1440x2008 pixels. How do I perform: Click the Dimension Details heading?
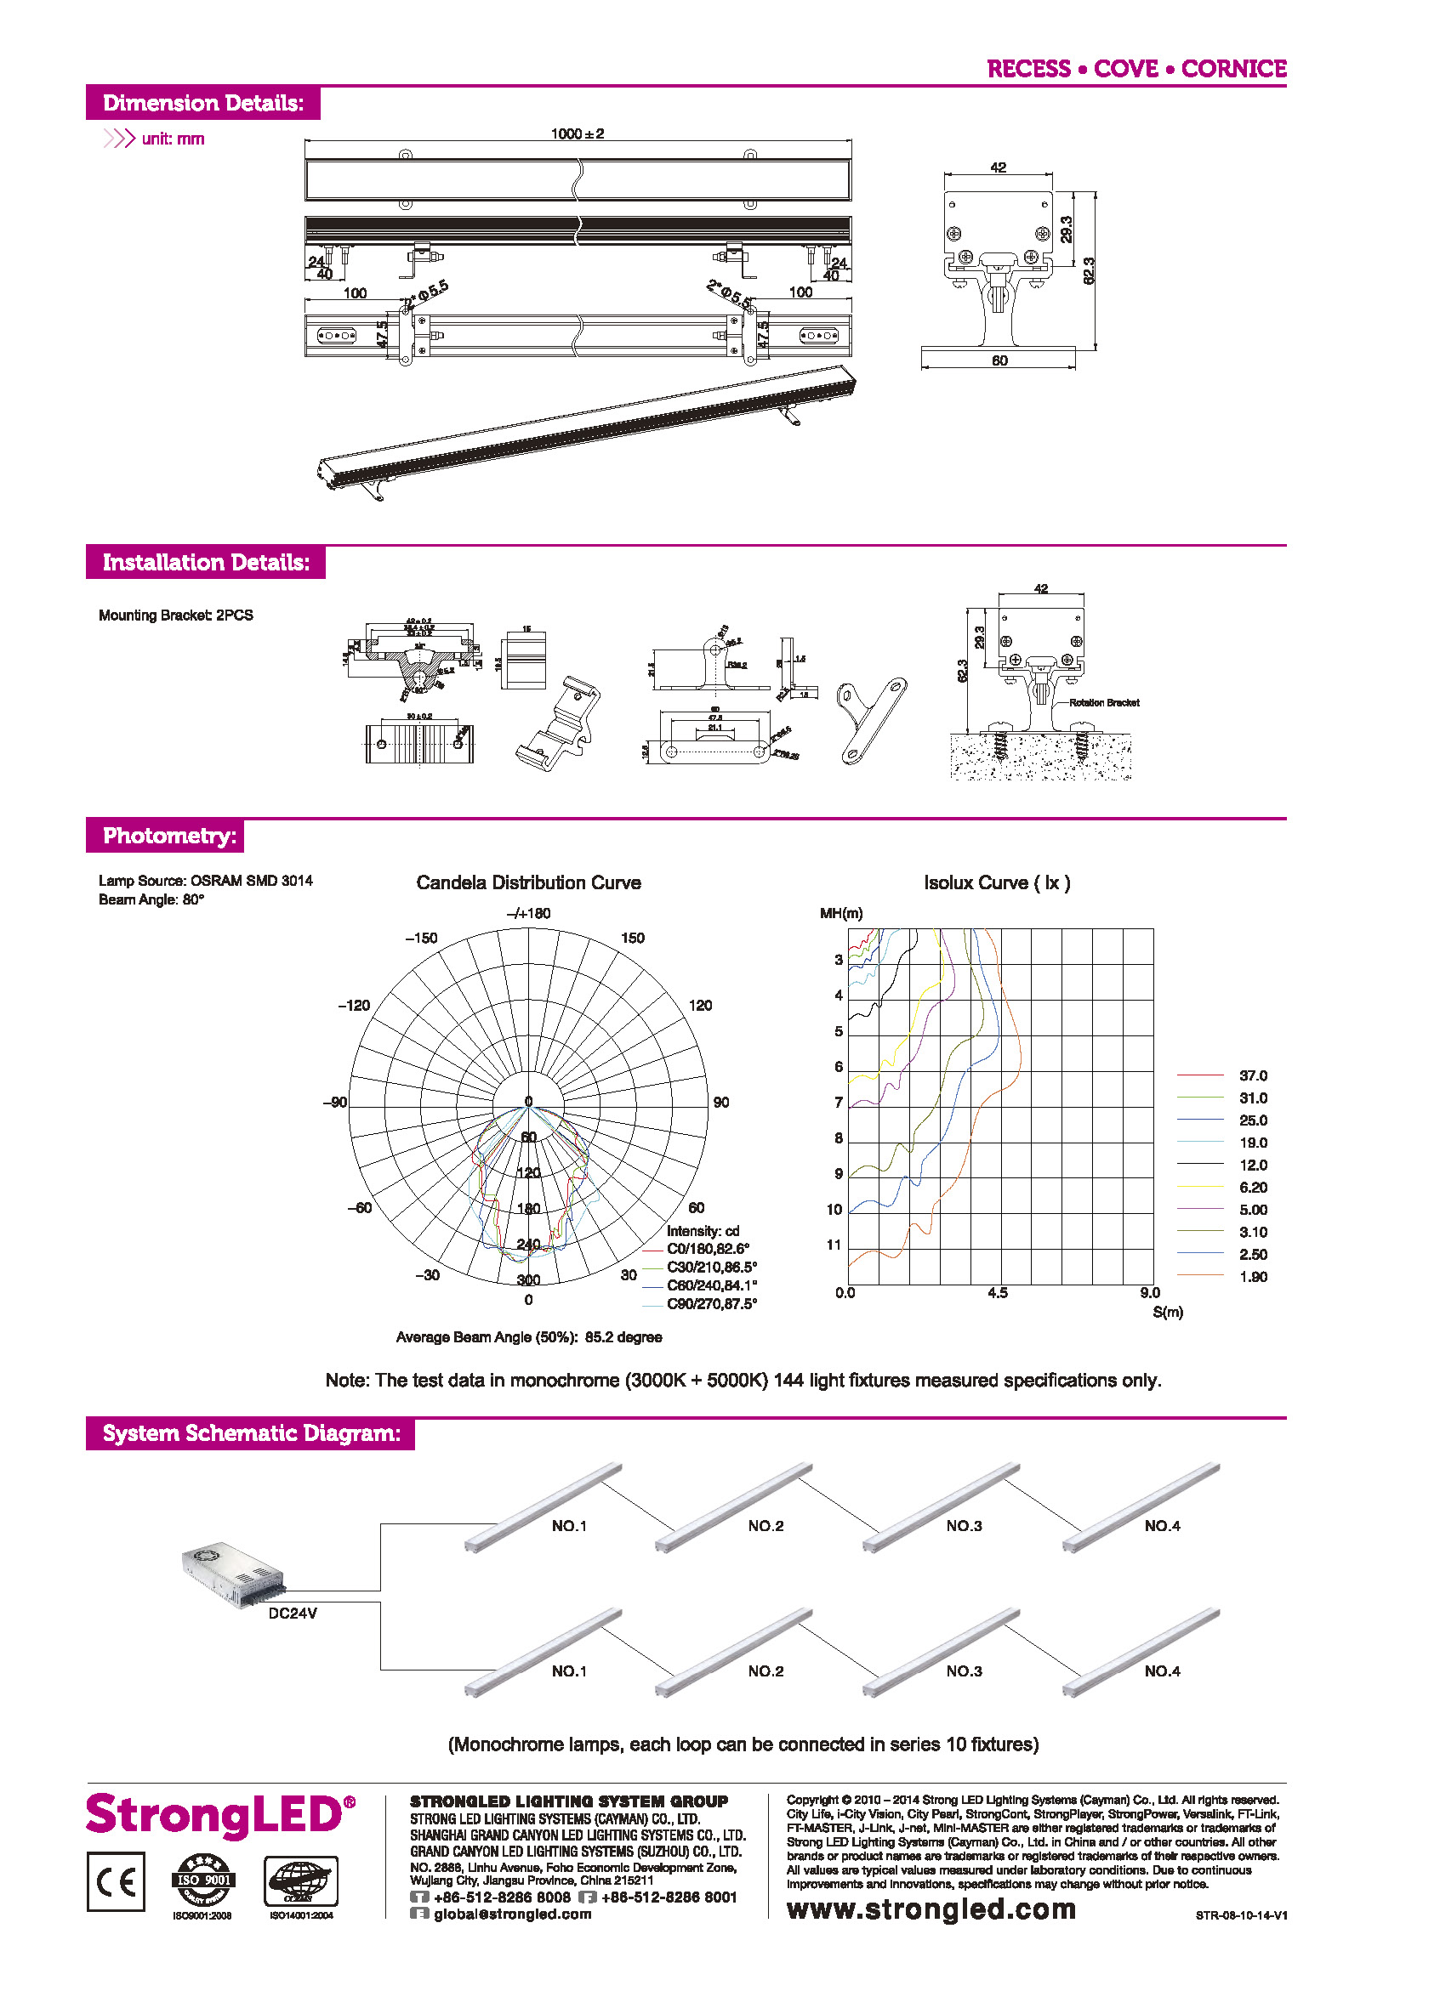[x=202, y=103]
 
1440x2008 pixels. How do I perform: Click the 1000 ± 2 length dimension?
[x=577, y=133]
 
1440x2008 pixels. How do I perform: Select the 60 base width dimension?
[x=999, y=360]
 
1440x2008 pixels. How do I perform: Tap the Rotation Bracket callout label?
[x=1103, y=703]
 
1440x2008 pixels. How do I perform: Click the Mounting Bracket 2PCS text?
[x=175, y=615]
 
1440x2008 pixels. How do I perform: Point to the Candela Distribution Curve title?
[x=528, y=882]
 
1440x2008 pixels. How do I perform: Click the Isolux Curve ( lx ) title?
[x=996, y=882]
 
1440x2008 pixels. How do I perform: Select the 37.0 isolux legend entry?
[x=1252, y=1075]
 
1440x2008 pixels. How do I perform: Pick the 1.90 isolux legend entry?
[x=1252, y=1277]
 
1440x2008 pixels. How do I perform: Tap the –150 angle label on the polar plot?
[x=421, y=938]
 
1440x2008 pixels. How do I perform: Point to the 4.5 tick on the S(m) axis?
[x=997, y=1293]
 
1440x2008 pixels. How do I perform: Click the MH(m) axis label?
[x=840, y=913]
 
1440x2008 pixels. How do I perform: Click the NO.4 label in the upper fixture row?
[x=1162, y=1525]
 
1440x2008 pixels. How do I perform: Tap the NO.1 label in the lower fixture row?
[x=568, y=1670]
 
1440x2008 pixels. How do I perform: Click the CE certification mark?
[x=116, y=1881]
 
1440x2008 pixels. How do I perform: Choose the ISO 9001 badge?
[x=203, y=1880]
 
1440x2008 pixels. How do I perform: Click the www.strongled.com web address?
[x=931, y=1909]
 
